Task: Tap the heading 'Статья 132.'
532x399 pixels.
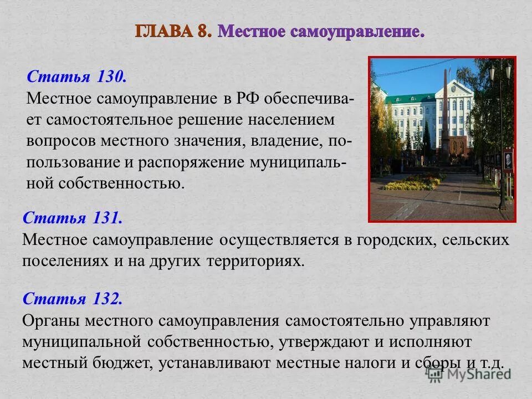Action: click(x=72, y=299)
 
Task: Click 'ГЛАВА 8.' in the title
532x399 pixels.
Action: click(x=173, y=31)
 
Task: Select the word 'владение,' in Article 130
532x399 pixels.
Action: click(x=286, y=141)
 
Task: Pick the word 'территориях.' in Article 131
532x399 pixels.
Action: click(x=256, y=260)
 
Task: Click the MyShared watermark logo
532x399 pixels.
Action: click(x=468, y=375)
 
